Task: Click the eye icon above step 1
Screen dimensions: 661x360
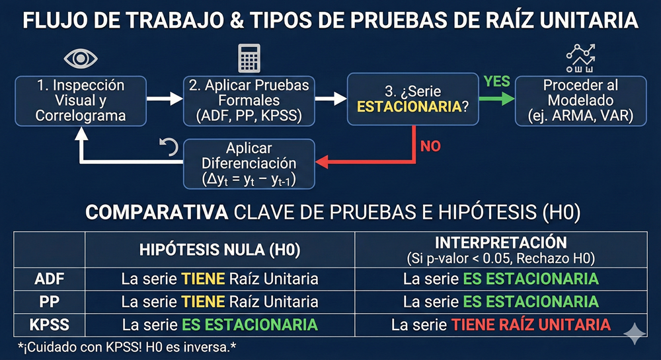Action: pos(81,59)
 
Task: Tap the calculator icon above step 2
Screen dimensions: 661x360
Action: pos(249,58)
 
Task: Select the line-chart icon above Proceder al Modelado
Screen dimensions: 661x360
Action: pos(580,58)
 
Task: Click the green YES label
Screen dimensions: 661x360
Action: pos(497,81)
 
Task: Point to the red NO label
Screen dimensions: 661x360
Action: pos(430,146)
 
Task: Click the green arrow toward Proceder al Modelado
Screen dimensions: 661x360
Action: pos(497,99)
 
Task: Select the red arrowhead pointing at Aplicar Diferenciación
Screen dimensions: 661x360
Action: pos(322,162)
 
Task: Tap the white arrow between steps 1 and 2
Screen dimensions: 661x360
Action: pos(165,99)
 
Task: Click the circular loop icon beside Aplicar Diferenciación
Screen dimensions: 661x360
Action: pos(169,147)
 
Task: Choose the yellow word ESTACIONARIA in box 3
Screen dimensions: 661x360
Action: pos(409,107)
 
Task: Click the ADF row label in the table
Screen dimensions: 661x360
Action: pos(50,279)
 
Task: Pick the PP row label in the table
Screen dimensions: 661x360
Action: pos(50,302)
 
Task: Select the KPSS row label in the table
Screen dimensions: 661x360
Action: pos(50,324)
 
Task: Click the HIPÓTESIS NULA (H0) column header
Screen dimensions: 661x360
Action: pos(219,250)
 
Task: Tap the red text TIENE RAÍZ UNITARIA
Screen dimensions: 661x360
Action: pos(531,324)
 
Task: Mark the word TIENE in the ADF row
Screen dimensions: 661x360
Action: pos(203,279)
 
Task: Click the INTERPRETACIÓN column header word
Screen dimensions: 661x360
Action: pos(501,242)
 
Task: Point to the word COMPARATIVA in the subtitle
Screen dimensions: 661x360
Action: pos(157,213)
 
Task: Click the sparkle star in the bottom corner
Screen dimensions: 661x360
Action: pos(635,334)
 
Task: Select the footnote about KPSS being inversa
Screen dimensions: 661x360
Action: pos(127,347)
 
